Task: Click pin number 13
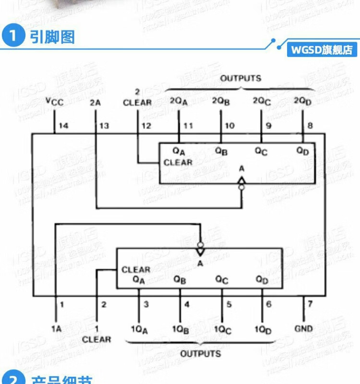point(104,126)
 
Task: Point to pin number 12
point(146,126)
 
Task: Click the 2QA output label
point(179,101)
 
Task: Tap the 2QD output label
point(302,101)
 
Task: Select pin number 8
point(310,126)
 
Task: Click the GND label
point(303,329)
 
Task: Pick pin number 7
point(310,304)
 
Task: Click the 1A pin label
point(57,329)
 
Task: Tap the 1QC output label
point(223,330)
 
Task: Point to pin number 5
point(229,304)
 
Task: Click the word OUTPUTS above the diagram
point(240,78)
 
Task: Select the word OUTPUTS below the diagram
point(201,354)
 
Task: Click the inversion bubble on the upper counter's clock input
point(241,188)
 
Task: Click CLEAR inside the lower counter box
point(136,270)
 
